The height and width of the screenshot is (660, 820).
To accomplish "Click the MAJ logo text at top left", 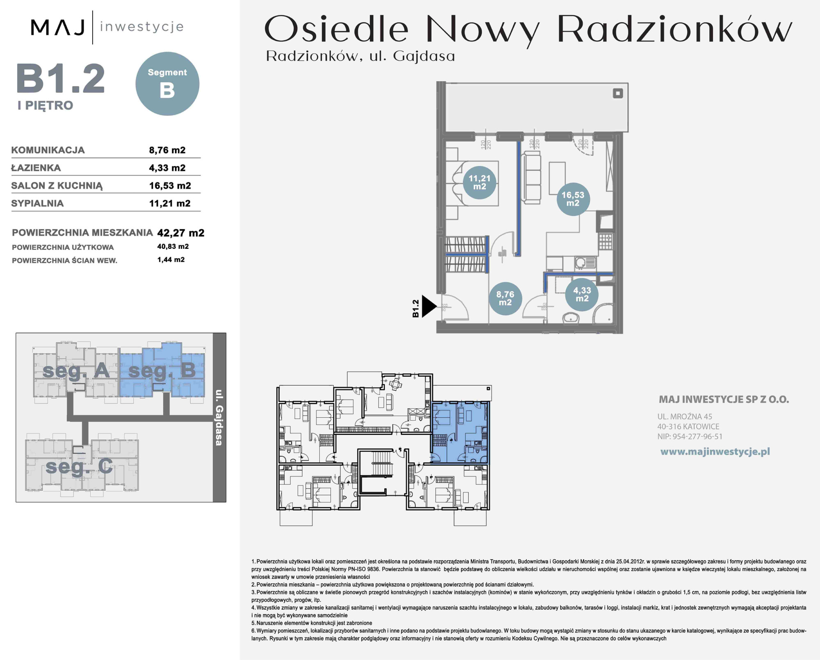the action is click(x=58, y=27).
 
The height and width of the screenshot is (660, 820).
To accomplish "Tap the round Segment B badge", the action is click(x=167, y=84).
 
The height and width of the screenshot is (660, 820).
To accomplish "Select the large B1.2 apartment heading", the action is click(x=61, y=79).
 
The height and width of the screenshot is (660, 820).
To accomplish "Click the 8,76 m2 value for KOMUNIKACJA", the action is click(x=167, y=150).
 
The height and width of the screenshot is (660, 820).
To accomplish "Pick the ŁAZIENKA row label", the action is click(x=36, y=168).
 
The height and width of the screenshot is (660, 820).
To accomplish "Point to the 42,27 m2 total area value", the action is click(x=181, y=233).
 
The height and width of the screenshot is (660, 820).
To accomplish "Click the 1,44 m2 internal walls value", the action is click(x=171, y=259).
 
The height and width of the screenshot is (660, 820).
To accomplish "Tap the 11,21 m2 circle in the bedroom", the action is click(x=480, y=182).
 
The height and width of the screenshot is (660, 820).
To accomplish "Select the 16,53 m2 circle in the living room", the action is click(x=573, y=199).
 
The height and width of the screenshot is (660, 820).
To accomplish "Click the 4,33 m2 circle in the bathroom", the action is click(x=582, y=294).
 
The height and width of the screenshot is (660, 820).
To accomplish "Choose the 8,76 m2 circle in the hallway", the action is click(x=505, y=298).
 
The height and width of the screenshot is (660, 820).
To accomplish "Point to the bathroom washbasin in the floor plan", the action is click(x=570, y=317).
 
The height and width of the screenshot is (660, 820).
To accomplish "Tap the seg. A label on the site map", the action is click(x=76, y=371).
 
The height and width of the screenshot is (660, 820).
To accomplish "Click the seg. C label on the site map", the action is click(x=79, y=466).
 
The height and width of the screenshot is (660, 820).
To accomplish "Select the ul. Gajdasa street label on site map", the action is click(x=219, y=417).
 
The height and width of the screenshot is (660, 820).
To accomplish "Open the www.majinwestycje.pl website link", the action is click(x=715, y=452).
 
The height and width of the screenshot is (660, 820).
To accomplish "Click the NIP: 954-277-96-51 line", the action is click(x=690, y=437).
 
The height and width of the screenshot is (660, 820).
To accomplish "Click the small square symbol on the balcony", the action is click(x=618, y=93).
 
